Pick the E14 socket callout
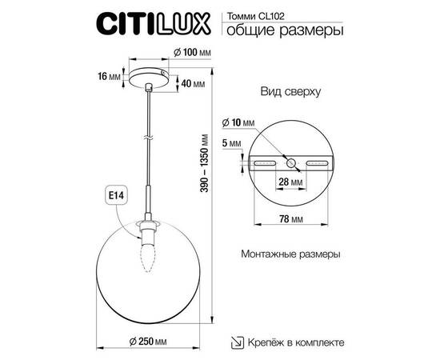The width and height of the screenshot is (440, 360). pyautogui.click(x=114, y=194)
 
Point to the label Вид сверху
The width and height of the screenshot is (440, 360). pyautogui.click(x=290, y=93)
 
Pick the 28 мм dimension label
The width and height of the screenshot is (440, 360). pyautogui.click(x=290, y=182)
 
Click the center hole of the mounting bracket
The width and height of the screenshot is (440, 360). pyautogui.click(x=290, y=162)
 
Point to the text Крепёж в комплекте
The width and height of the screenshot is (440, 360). pyautogui.click(x=296, y=342)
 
